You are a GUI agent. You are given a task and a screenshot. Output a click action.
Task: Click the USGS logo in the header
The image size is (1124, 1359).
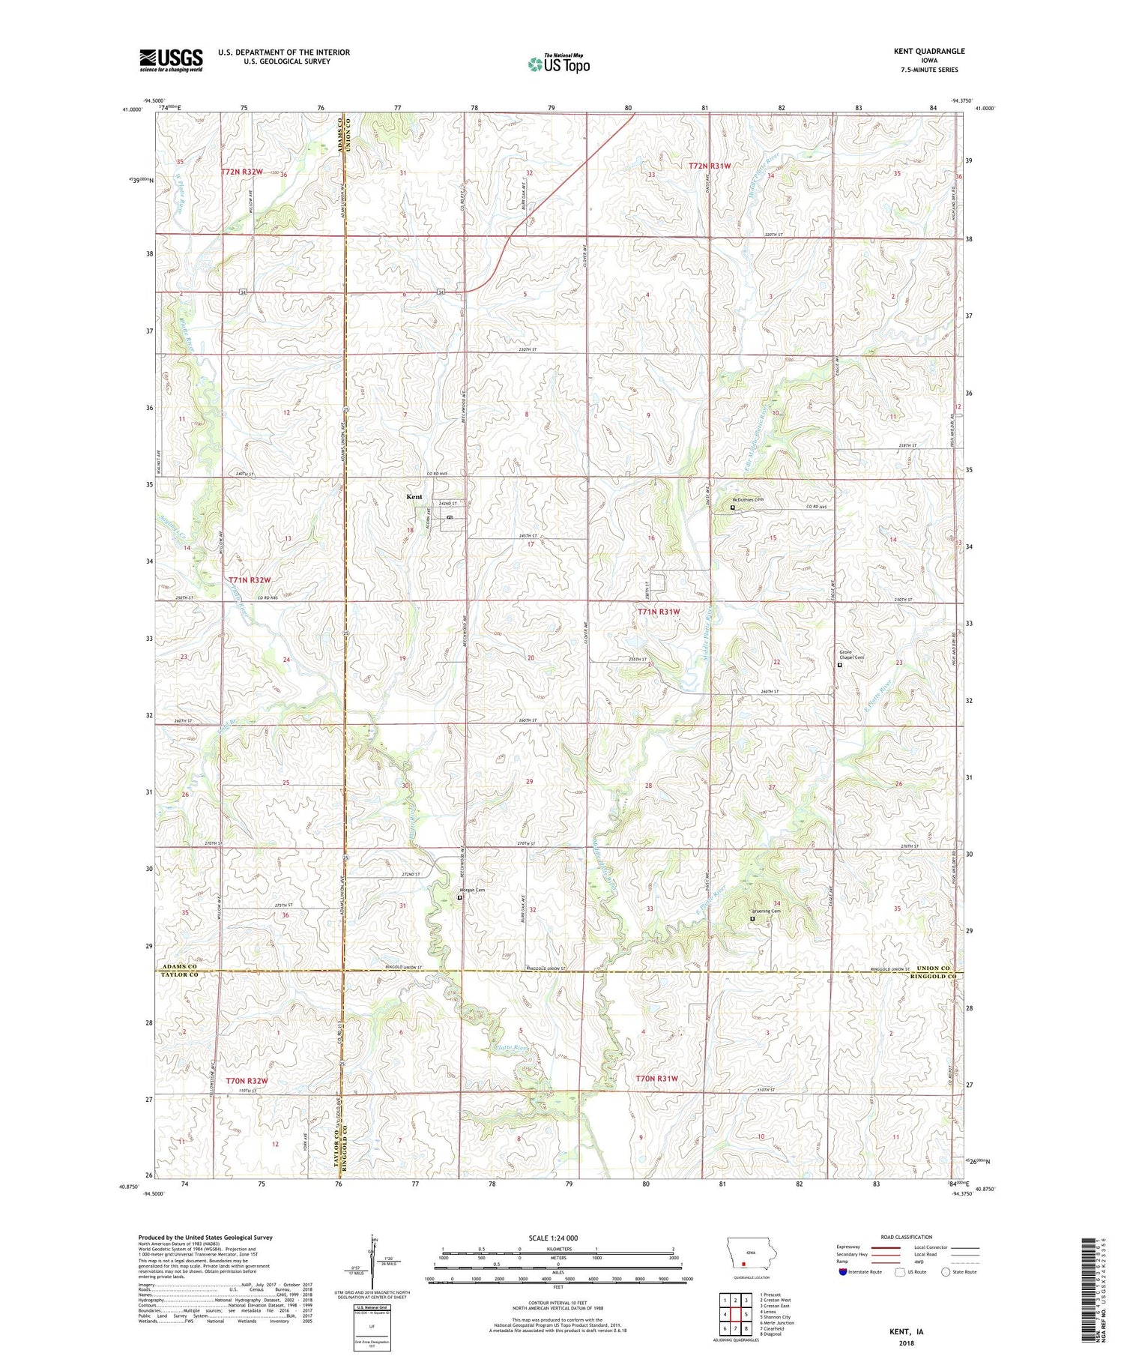[x=171, y=60]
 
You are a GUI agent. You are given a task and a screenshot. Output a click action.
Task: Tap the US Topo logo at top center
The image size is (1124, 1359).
[x=558, y=64]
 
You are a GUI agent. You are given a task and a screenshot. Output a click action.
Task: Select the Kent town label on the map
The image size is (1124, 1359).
[x=414, y=497]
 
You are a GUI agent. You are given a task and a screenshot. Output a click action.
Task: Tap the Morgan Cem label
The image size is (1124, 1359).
[x=472, y=890]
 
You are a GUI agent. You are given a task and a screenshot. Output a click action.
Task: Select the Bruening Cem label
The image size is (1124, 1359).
[x=767, y=911]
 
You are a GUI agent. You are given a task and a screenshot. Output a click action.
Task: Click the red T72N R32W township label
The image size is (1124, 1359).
[x=242, y=172]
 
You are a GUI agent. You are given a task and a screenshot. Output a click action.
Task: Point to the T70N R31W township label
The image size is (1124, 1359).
[x=656, y=1079]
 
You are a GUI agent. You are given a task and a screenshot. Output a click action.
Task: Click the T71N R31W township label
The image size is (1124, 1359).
[x=659, y=612]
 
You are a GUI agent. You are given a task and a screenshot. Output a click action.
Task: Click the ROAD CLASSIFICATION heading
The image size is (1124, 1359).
[x=907, y=1237]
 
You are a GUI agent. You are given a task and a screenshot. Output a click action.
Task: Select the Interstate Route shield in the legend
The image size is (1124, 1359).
[x=843, y=1271]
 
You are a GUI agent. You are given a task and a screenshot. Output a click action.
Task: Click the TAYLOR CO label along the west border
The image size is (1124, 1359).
[x=179, y=974]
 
